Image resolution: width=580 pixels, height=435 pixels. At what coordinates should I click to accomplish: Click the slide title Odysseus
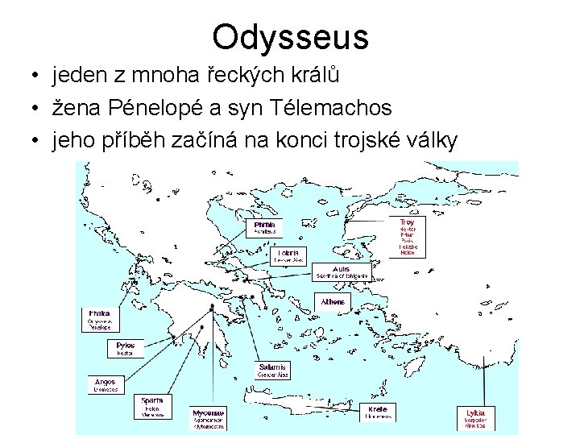(290, 37)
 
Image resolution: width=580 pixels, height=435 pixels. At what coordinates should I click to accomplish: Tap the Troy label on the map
(408, 222)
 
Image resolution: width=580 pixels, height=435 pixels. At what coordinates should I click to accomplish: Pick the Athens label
(333, 302)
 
